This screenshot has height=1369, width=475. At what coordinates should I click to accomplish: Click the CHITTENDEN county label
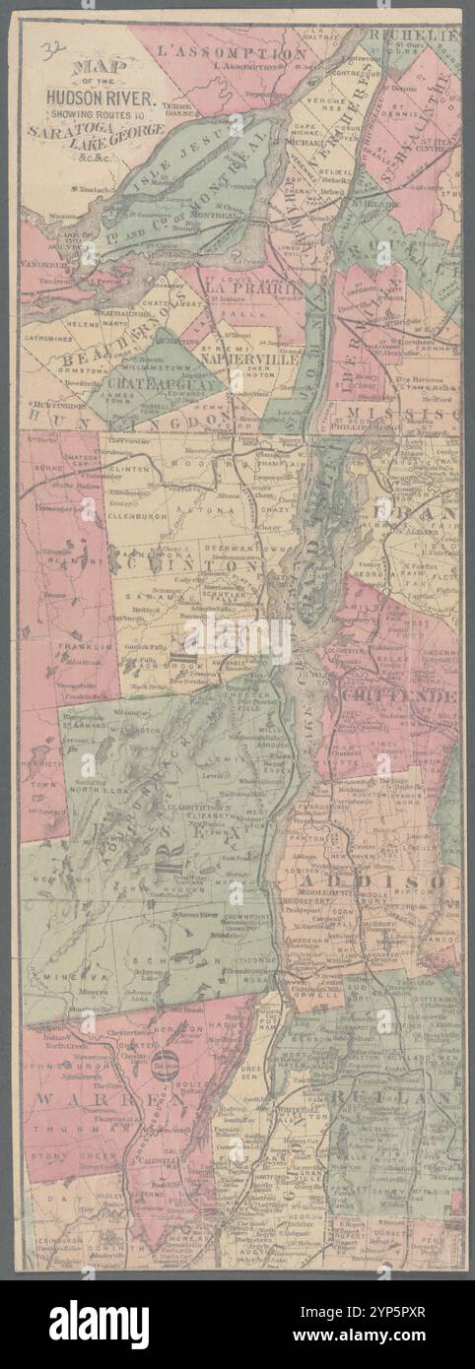(x=399, y=697)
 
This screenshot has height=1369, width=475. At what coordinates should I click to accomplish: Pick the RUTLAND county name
(x=394, y=1096)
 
